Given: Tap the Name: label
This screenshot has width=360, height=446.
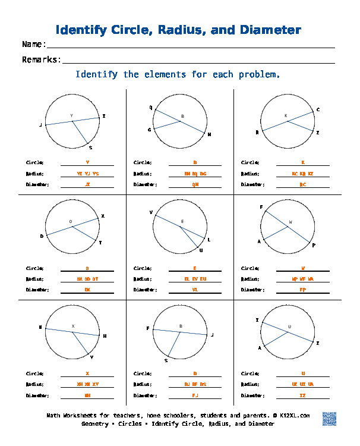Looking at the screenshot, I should click(x=34, y=45).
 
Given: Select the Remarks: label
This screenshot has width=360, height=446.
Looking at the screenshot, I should click(x=42, y=59).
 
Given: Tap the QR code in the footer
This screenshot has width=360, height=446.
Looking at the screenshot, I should click(x=330, y=419).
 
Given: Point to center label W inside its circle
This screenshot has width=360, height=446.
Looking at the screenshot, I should click(x=290, y=222).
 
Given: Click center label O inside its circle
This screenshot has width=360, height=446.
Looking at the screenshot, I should click(x=71, y=222).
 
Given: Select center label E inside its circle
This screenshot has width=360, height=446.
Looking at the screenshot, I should click(x=182, y=222).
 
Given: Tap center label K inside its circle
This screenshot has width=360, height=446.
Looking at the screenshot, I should click(x=286, y=115).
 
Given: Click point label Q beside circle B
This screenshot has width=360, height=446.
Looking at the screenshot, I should click(x=150, y=108).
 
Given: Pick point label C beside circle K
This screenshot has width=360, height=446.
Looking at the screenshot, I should click(x=318, y=109).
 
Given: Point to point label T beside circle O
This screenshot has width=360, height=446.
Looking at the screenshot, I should click(x=100, y=243).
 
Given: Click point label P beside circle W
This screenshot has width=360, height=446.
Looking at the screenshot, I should click(x=314, y=245).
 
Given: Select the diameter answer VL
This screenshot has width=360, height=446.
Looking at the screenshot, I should click(x=195, y=290).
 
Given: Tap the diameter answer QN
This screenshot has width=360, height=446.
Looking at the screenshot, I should click(x=195, y=184).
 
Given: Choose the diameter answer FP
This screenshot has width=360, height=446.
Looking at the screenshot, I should click(x=303, y=290).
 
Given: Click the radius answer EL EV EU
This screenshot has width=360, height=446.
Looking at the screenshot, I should click(x=195, y=279).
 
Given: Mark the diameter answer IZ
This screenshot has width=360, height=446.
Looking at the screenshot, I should click(x=303, y=395).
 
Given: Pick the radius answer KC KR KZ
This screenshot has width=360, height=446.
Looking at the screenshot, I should click(x=303, y=174).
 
